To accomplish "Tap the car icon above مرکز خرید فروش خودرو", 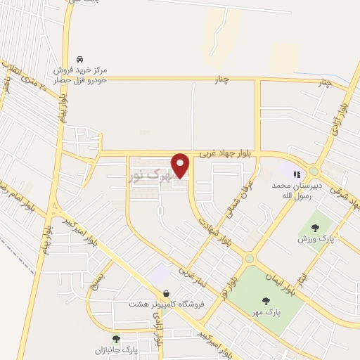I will coord(81,59).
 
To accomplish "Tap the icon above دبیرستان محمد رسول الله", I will coord(297,174).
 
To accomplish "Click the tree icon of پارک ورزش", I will coord(314,227).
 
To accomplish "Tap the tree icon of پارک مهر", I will coord(266,302).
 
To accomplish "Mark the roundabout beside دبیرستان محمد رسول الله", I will coord(313,171).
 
